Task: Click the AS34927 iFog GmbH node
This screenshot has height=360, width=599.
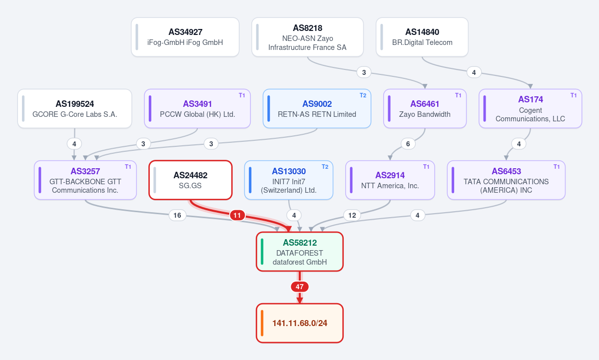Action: [x=185, y=37]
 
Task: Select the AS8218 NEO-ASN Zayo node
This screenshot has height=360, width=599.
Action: [x=308, y=37]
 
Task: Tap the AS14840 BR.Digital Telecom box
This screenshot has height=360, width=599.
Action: [x=422, y=37]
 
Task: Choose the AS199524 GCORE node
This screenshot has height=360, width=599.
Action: [x=75, y=109]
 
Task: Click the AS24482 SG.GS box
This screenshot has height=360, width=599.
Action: [x=191, y=180]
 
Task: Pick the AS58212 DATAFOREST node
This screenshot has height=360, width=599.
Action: [x=300, y=252]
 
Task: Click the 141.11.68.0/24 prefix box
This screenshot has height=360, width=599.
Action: [x=300, y=323]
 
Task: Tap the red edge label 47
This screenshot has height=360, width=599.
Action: [x=300, y=287]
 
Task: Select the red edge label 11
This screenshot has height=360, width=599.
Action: [x=237, y=215]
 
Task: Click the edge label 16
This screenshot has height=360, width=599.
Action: [x=177, y=215]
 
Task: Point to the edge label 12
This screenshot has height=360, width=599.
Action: [x=352, y=215]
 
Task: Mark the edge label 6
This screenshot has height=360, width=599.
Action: [x=408, y=144]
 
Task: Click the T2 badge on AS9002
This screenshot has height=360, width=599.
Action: [x=363, y=95]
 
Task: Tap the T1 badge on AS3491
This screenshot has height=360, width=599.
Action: [x=242, y=95]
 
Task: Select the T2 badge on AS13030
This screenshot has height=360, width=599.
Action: [x=325, y=167]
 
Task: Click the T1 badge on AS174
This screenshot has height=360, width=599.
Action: [x=574, y=95]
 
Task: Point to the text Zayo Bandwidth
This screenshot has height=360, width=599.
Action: [x=425, y=114]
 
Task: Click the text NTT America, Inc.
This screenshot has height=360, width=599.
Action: [x=390, y=186]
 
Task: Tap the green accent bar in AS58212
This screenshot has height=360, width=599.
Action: [x=262, y=252]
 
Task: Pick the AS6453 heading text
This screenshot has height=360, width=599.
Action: [x=507, y=171]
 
